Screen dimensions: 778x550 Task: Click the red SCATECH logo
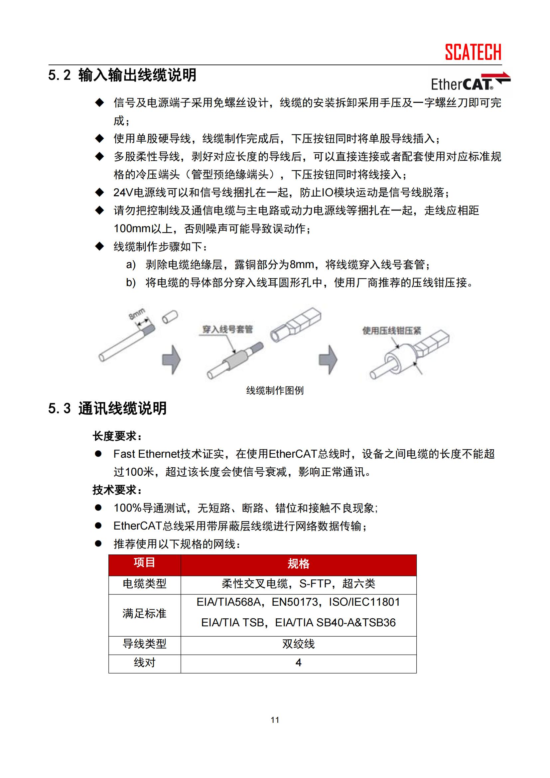click(473, 52)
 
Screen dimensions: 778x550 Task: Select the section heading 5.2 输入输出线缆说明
click(122, 75)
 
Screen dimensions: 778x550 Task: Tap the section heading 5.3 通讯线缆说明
click(107, 408)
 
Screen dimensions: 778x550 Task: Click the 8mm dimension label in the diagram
click(136, 314)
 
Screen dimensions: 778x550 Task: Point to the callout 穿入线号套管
click(227, 329)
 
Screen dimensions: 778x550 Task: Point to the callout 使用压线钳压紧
click(391, 330)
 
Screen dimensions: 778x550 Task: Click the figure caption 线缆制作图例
click(275, 390)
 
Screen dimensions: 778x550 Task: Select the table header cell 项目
click(144, 563)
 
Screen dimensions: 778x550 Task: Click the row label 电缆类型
click(144, 583)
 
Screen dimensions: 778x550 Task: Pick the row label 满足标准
click(144, 613)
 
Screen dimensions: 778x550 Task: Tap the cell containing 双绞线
click(298, 644)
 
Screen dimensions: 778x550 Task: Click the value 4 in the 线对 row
click(298, 663)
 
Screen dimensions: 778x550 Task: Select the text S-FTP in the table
click(315, 583)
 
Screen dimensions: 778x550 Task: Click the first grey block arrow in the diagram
click(171, 360)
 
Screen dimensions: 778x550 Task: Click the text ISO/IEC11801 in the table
click(364, 602)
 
